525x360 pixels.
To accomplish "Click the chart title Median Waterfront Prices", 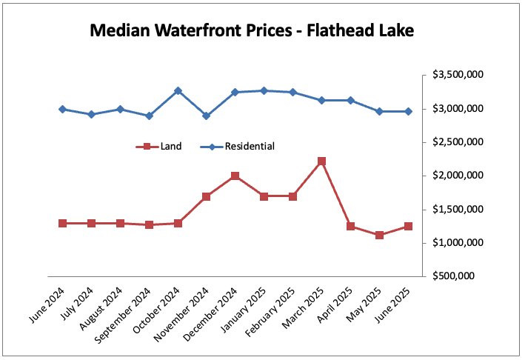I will [251, 31].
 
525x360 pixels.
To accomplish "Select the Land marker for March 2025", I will [321, 161].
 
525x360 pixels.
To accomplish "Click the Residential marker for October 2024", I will [178, 90].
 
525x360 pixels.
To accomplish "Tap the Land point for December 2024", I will [235, 176].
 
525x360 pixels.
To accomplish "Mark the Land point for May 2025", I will [379, 235].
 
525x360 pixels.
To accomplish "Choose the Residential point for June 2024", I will [62, 109].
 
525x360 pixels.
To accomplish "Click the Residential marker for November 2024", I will [206, 116].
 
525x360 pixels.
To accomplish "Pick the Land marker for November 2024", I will [206, 196].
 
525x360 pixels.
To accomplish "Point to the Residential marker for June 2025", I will [408, 111].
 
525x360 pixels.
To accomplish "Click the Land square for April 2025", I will [350, 226].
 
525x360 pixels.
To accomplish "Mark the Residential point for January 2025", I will [264, 90].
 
